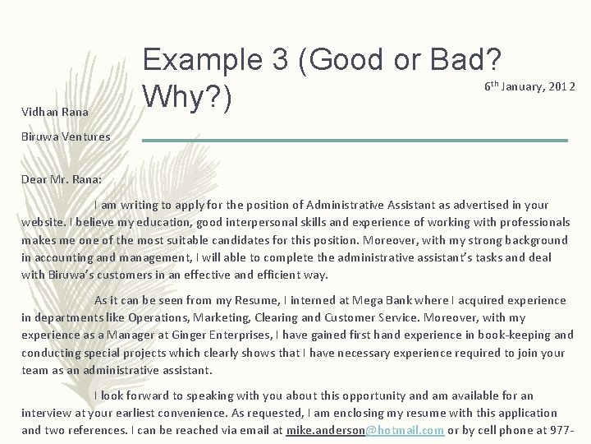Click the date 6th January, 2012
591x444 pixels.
(x=529, y=86)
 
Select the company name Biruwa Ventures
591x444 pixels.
(x=66, y=136)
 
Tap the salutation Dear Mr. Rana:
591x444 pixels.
(x=62, y=178)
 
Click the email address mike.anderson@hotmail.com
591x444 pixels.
(x=365, y=430)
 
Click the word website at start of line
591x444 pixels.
(x=44, y=222)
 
